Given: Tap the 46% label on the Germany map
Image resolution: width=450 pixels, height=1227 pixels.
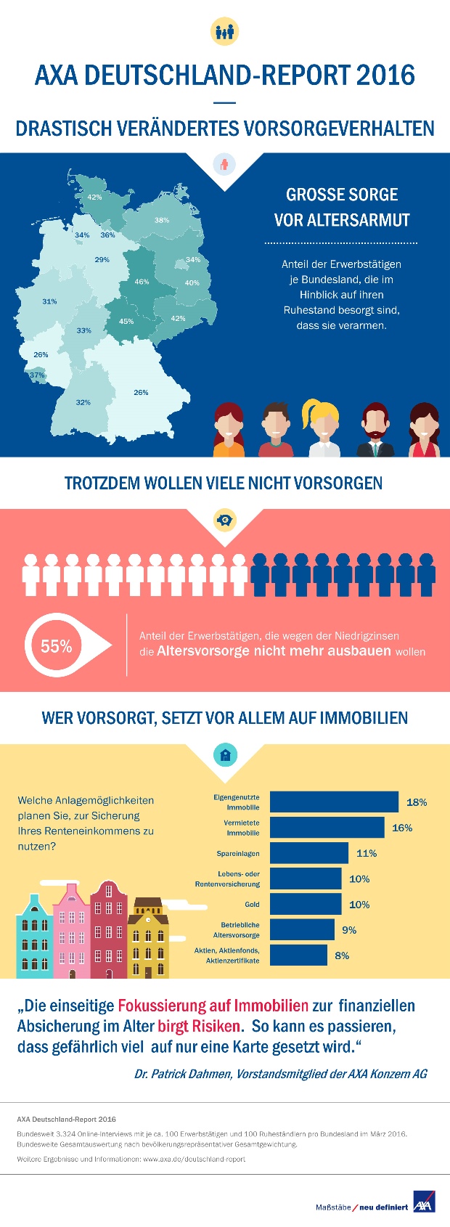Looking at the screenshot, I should pyautogui.click(x=142, y=282).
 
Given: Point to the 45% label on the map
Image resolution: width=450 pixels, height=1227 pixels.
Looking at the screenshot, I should pyautogui.click(x=126, y=321).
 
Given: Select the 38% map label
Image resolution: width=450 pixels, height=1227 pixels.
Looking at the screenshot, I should pyautogui.click(x=162, y=220).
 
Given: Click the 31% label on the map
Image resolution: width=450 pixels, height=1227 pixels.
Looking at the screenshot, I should pyautogui.click(x=49, y=301).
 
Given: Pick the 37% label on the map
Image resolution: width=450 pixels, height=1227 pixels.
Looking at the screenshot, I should pyautogui.click(x=37, y=375).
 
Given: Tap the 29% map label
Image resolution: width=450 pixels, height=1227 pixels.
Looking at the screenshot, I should pyautogui.click(x=102, y=259).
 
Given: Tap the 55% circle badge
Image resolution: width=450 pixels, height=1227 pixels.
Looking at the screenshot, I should pyautogui.click(x=56, y=646).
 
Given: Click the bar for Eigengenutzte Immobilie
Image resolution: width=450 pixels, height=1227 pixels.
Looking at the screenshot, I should pyautogui.click(x=334, y=802).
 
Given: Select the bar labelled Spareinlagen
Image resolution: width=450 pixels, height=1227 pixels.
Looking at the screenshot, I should pyautogui.click(x=309, y=853).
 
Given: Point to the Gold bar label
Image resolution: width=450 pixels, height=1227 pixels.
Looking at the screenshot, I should pyautogui.click(x=252, y=905).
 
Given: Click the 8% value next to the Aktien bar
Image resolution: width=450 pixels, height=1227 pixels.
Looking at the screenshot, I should pyautogui.click(x=342, y=955).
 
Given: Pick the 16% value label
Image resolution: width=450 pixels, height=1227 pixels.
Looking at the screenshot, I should pyautogui.click(x=402, y=828).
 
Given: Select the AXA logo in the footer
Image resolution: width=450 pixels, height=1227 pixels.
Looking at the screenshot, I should pyautogui.click(x=423, y=1201).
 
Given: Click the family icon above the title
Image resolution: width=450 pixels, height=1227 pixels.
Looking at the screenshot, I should pyautogui.click(x=224, y=32).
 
